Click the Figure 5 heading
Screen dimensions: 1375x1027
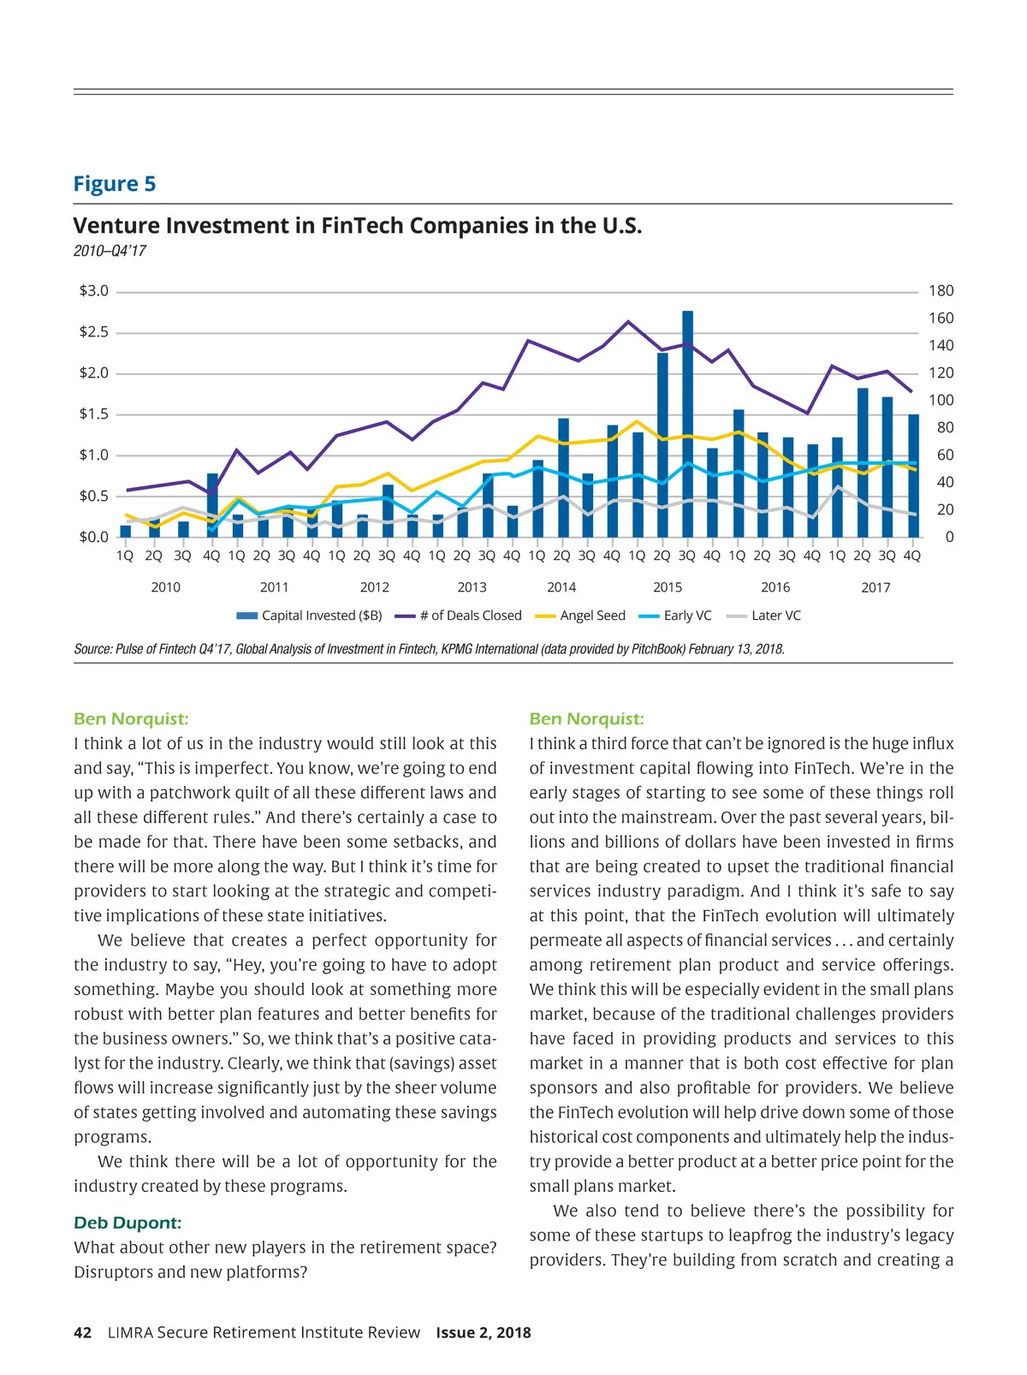point(115,184)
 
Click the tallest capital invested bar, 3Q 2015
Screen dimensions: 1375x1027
point(687,424)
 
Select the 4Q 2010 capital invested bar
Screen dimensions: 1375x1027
point(212,505)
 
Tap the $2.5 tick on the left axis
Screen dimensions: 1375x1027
point(94,332)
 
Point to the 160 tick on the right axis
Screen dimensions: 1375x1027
point(941,318)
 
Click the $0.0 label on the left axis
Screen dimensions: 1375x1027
point(94,537)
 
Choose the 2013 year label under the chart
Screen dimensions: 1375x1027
point(472,587)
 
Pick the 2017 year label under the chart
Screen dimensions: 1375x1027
point(876,587)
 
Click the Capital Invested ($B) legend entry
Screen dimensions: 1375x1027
point(310,616)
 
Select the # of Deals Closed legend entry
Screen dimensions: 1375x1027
point(460,616)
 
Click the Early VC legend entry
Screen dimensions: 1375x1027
point(676,616)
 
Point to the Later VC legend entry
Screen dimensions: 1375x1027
point(763,616)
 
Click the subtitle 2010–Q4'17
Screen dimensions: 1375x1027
point(110,251)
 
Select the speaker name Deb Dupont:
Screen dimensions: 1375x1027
point(128,1223)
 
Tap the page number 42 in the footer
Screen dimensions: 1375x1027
point(83,1332)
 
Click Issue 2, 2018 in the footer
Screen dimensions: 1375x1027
point(484,1332)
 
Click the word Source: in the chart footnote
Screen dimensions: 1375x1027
point(92,649)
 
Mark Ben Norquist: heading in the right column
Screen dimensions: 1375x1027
point(586,719)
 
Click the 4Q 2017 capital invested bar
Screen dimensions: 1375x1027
point(913,476)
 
